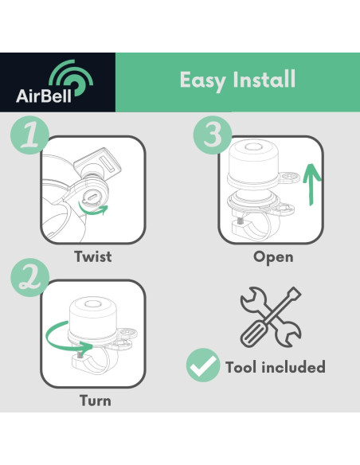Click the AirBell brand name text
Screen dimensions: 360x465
point(44,96)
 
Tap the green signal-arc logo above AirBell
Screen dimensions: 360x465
point(71,78)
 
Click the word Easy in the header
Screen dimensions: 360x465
point(202,80)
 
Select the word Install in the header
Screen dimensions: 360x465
point(264,79)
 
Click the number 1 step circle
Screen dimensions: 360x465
point(29,135)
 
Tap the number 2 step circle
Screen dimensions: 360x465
point(29,278)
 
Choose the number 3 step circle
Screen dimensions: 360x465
point(213,135)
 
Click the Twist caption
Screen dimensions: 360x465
point(93,256)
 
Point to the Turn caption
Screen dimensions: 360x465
point(96,401)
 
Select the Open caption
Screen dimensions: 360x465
point(273,257)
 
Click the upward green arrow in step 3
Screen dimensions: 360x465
point(311,184)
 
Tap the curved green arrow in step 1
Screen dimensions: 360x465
point(92,210)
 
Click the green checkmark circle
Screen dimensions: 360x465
point(203,365)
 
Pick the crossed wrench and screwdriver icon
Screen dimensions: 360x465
point(271,317)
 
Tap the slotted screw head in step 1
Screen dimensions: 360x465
point(91,197)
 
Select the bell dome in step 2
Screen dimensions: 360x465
point(93,318)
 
